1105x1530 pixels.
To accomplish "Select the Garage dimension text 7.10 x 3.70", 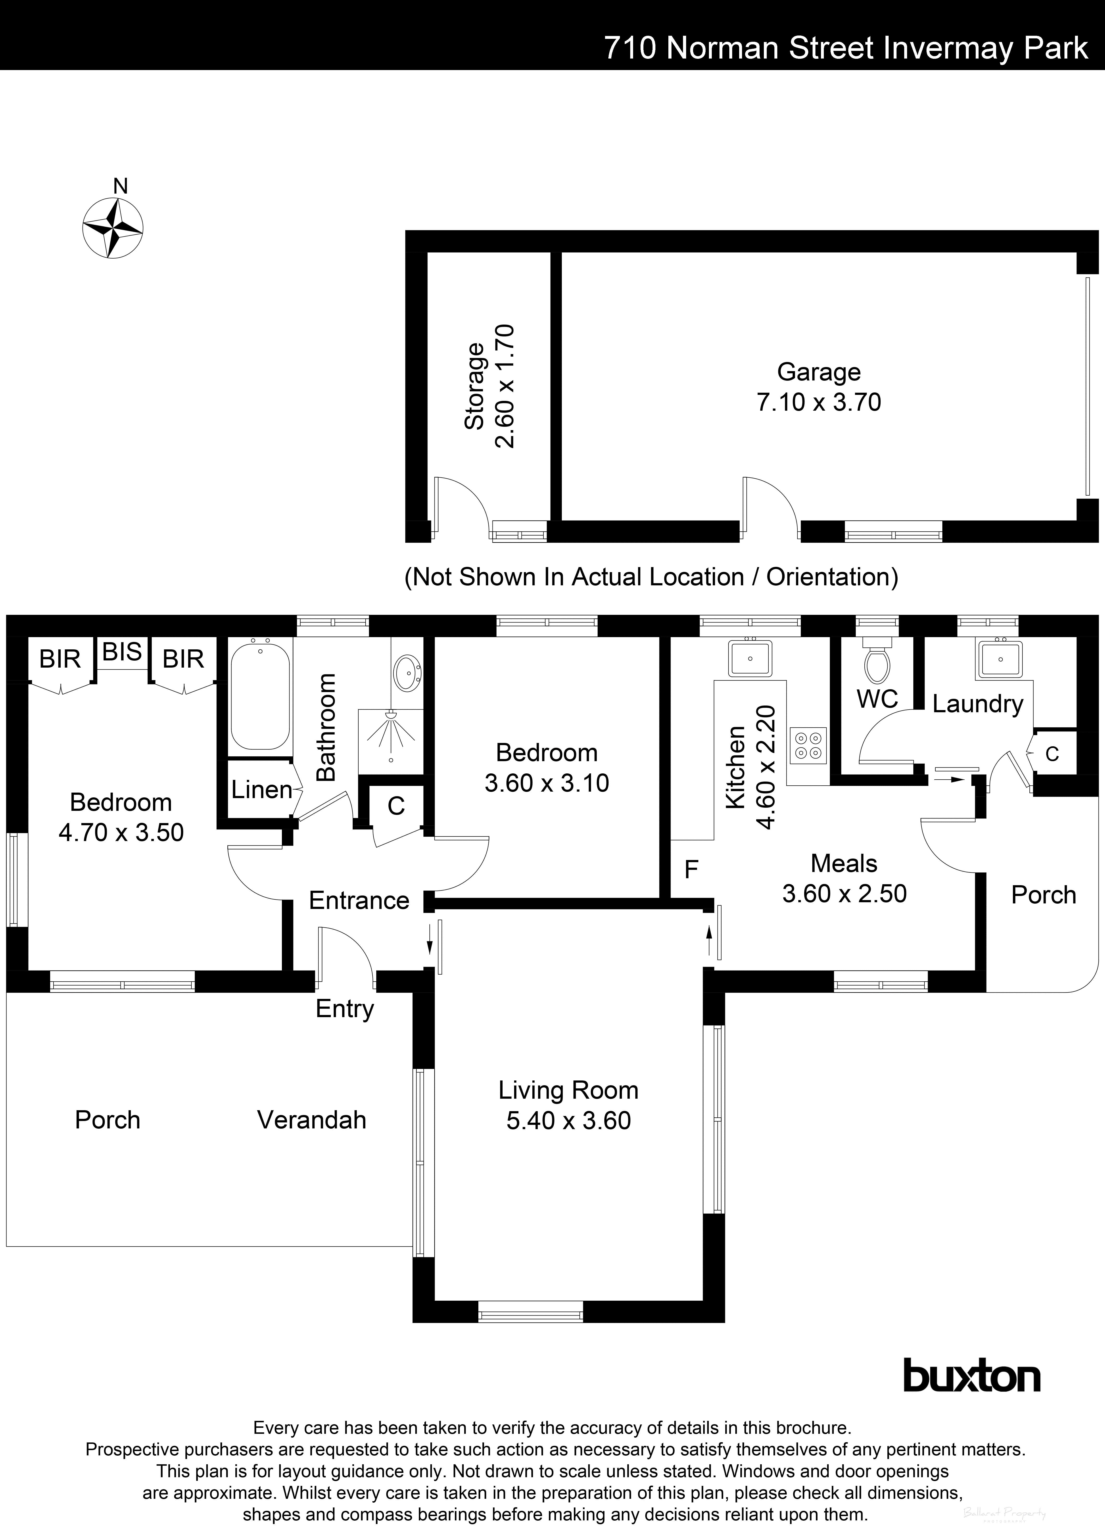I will point(818,402).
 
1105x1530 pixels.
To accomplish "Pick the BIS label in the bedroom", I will point(122,652).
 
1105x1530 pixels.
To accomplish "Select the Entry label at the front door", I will point(344,1008).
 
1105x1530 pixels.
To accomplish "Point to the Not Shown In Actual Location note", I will point(651,577).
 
